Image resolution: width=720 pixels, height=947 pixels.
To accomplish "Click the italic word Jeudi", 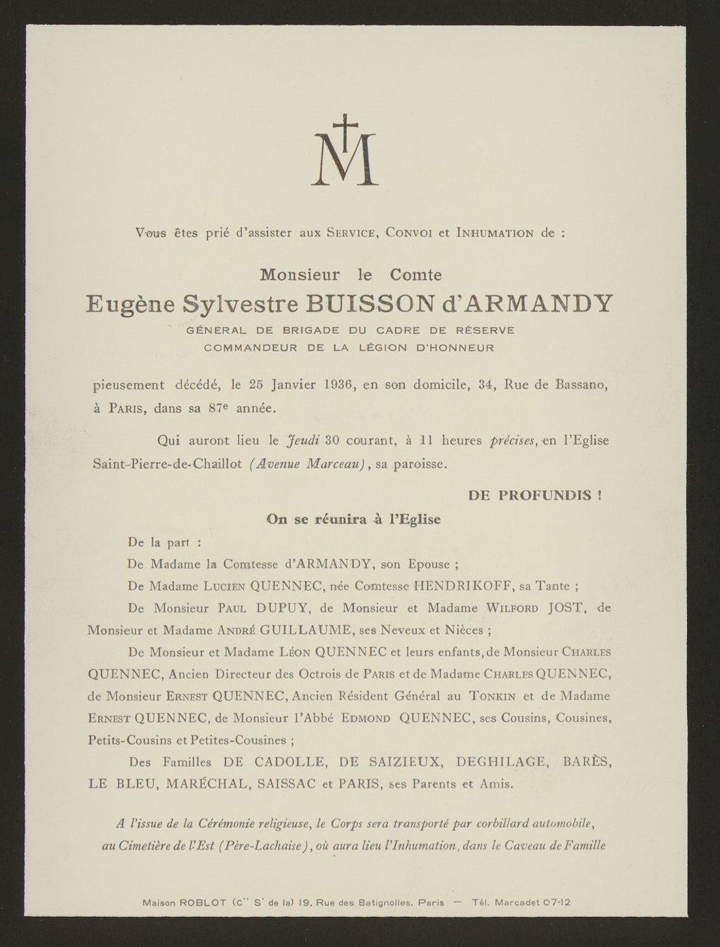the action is tap(303, 441).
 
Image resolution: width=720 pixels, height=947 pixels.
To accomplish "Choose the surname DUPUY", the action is tap(280, 607).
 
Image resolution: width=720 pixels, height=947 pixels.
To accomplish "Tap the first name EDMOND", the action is tap(365, 718).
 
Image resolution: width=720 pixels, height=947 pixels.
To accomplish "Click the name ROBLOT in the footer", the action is tap(202, 903).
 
